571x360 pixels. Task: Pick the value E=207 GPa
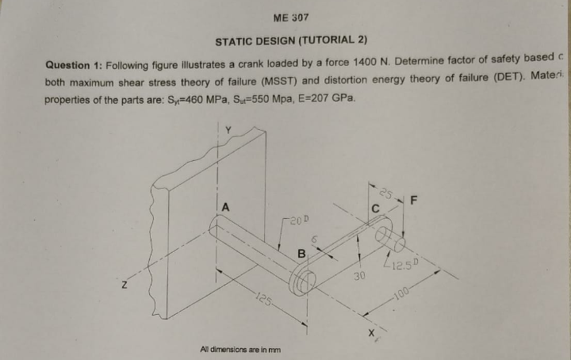click(330, 98)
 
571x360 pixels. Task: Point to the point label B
click(301, 253)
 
